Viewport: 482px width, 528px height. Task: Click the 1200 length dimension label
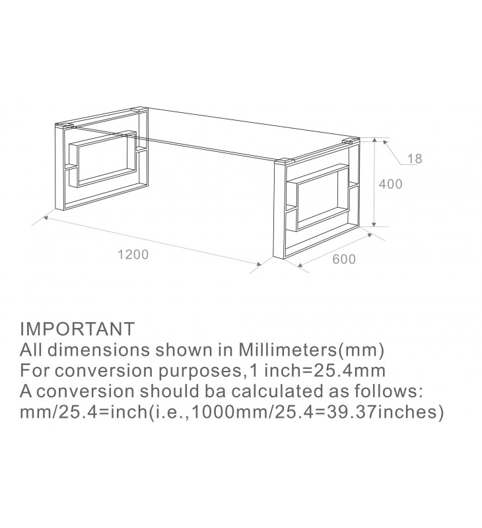click(133, 255)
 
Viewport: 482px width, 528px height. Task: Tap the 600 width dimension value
click(344, 259)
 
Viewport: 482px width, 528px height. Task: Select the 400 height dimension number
click(391, 184)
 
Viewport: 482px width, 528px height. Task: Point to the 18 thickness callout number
click(415, 158)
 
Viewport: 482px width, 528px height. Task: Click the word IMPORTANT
click(77, 329)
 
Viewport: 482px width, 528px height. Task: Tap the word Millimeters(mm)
click(312, 350)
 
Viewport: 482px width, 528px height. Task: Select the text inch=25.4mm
click(325, 370)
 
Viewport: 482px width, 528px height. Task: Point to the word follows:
click(388, 391)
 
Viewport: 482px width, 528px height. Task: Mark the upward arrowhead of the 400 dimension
click(374, 141)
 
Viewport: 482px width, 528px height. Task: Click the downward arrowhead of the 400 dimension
click(374, 224)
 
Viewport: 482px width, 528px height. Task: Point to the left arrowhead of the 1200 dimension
click(47, 218)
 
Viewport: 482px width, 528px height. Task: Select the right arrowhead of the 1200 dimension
click(258, 265)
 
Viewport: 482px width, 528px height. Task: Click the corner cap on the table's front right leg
click(285, 161)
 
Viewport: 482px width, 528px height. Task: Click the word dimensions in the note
click(98, 350)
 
